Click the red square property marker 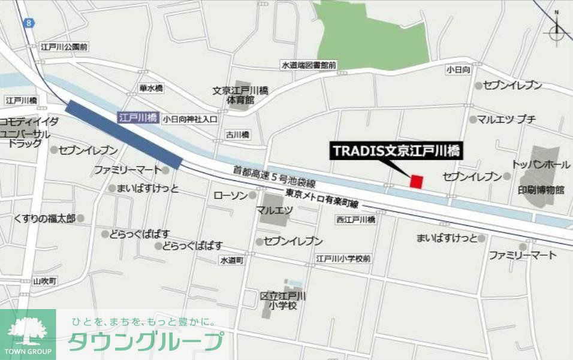[417, 181]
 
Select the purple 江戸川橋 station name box [138, 118]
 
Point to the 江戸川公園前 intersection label [64, 46]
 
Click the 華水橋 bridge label [151, 88]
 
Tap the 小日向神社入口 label [190, 119]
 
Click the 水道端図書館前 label [309, 65]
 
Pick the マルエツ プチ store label [506, 119]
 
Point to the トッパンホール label [541, 164]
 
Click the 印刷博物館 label [541, 190]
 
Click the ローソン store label [231, 195]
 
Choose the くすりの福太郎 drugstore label [45, 218]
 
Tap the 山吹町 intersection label [44, 281]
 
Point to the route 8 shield [28, 23]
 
